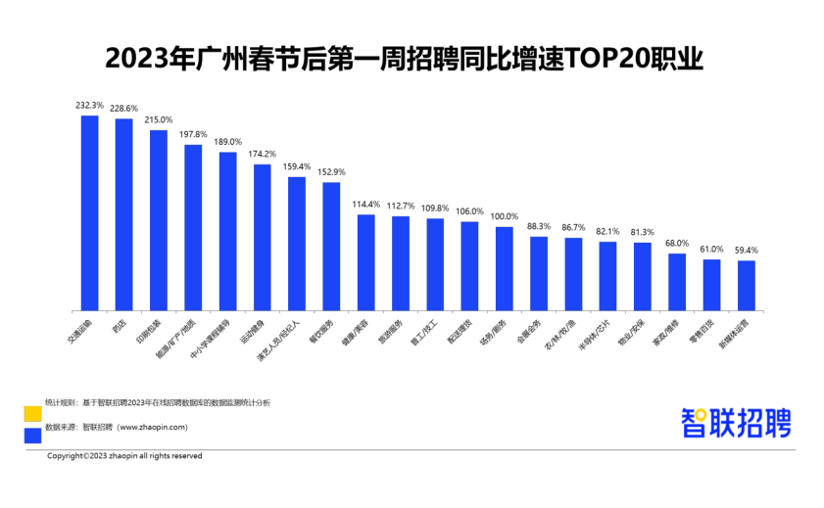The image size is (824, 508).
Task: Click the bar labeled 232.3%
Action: (89, 211)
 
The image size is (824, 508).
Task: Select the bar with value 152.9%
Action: (331, 245)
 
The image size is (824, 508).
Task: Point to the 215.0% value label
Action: (158, 119)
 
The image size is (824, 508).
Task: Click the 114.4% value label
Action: (365, 204)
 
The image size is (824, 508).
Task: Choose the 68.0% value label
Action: (677, 243)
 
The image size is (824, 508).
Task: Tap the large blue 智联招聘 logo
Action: (736, 423)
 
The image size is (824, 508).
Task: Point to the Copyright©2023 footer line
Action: (124, 456)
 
